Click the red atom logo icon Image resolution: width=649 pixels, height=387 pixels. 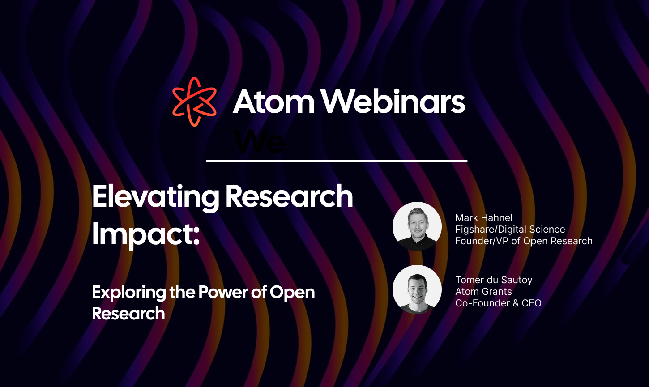click(x=194, y=102)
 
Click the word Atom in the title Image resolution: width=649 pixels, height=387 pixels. click(x=274, y=102)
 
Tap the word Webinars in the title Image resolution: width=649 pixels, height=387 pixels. click(x=393, y=102)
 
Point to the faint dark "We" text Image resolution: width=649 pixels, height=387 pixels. click(x=259, y=143)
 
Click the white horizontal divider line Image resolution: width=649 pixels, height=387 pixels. click(x=336, y=160)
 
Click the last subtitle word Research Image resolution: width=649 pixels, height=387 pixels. click(x=128, y=313)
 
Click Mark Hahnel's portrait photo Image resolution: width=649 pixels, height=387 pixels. click(x=417, y=226)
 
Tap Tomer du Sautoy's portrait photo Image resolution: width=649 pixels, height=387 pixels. click(x=417, y=289)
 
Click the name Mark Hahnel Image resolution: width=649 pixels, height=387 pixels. click(x=484, y=218)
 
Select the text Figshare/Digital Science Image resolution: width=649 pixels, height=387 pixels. click(x=510, y=230)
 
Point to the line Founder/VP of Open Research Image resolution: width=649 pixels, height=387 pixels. click(x=524, y=241)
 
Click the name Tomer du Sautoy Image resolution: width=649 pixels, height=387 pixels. click(x=494, y=280)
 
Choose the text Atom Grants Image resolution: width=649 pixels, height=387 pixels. click(x=483, y=292)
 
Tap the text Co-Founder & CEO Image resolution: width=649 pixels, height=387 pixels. click(x=498, y=303)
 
